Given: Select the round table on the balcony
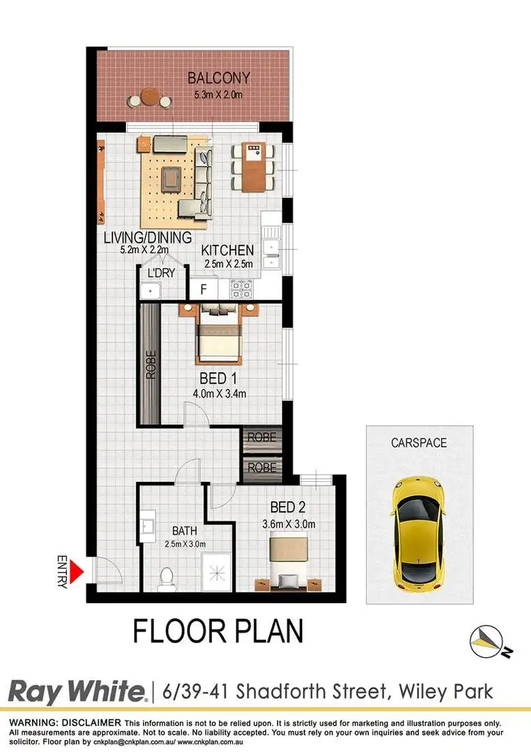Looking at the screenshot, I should point(150,96).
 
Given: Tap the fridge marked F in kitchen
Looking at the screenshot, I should point(202,289).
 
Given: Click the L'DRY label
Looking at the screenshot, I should point(159,272).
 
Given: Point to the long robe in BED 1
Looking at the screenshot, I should point(149,364).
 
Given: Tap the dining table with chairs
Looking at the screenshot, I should point(253,166).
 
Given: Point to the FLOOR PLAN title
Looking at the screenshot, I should point(218,629).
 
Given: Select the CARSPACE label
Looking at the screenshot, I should point(418,442).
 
